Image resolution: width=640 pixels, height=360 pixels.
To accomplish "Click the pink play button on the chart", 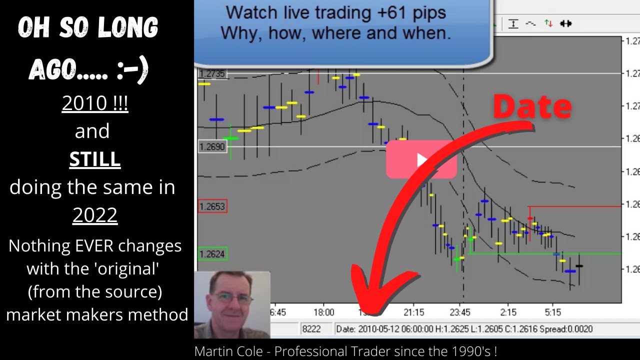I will point(421,159).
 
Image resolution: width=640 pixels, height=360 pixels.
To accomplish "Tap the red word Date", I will point(532,106).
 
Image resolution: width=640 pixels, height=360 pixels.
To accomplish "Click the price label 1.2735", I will point(212,74).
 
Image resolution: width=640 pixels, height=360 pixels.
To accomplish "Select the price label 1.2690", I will point(212,146).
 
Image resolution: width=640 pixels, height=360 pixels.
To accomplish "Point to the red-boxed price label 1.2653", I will point(212,206).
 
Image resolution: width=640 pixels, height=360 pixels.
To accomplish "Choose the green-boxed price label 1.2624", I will point(212,254).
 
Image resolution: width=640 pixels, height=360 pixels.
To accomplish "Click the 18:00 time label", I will point(323,312).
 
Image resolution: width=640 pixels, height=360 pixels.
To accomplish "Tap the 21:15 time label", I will point(413,312).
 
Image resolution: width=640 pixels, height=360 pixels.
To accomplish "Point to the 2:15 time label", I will point(508,312).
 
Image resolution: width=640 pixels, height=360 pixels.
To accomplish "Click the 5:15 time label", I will point(552,312).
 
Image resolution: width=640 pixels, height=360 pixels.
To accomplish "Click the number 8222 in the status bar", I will point(311,329).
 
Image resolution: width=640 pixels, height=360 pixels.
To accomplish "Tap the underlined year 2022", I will point(95,215).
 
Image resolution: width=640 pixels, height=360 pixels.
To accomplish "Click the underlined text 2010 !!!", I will point(95,103).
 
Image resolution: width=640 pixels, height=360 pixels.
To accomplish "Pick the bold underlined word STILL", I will point(95,159).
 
